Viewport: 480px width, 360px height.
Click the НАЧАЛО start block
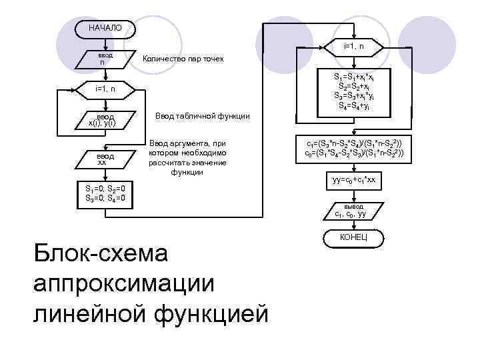[105, 28]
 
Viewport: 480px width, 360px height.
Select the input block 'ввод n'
[105, 59]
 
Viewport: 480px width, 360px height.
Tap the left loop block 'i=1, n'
[105, 88]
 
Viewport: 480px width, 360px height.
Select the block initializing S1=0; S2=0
[105, 193]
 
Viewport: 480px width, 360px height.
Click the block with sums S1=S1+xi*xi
[353, 91]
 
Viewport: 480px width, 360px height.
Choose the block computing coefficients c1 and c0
[353, 148]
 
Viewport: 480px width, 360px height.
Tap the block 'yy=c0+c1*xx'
[353, 181]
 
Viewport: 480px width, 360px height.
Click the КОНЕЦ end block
[353, 237]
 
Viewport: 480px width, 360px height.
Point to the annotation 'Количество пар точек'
[183, 60]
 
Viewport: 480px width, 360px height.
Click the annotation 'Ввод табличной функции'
[202, 116]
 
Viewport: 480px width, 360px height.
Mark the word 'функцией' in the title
[219, 312]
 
